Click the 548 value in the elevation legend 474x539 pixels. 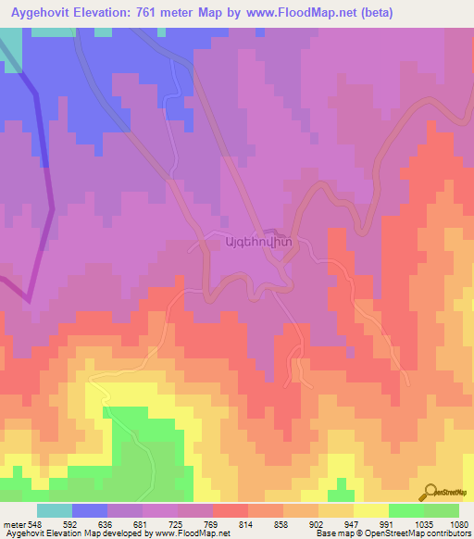(x=34, y=524)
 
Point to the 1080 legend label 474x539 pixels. (x=459, y=524)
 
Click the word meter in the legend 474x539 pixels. (x=12, y=524)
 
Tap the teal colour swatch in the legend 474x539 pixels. (x=55, y=510)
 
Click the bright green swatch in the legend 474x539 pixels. (x=405, y=510)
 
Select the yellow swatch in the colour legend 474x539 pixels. (x=370, y=510)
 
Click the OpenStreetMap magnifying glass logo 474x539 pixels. (x=430, y=491)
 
